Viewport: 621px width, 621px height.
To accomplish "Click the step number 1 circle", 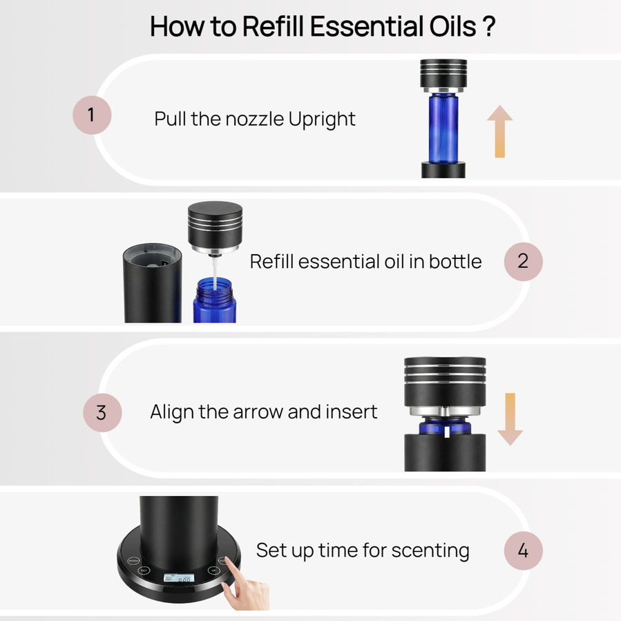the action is click(x=92, y=115).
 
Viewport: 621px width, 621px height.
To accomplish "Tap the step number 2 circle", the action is click(x=523, y=261).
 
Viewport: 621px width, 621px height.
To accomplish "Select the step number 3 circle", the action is click(x=102, y=412).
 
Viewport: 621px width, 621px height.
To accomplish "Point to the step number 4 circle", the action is click(x=523, y=551).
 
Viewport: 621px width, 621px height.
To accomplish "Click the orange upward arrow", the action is click(x=500, y=131).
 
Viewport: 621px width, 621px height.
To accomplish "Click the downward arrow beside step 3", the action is click(x=510, y=419).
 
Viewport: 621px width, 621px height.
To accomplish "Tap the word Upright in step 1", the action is click(x=322, y=120).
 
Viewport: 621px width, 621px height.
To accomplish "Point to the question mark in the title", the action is click(x=489, y=26).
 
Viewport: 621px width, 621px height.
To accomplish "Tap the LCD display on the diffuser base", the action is click(x=179, y=578).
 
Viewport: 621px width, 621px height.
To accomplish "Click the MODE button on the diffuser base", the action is click(x=133, y=560).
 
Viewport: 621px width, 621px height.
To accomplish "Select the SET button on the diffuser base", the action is click(x=144, y=571).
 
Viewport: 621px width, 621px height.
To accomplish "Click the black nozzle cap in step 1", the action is click(x=443, y=74).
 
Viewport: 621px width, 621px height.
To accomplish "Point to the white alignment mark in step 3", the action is click(x=447, y=432).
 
